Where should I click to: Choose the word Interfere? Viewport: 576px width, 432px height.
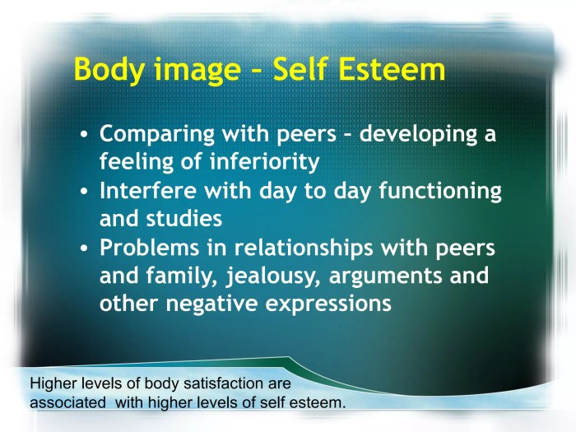(148, 191)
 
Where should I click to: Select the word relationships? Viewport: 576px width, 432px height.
(309, 249)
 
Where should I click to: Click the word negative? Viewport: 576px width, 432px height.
(211, 304)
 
